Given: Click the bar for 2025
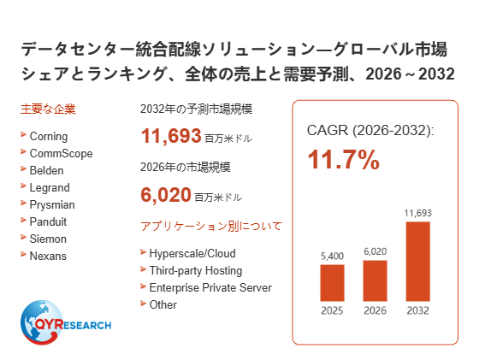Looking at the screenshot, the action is [332, 283].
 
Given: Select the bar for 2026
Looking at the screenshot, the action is [375, 280].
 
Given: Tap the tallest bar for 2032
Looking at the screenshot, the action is [418, 262].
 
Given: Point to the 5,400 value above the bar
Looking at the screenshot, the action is [332, 256].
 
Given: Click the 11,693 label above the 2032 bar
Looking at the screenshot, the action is [418, 213].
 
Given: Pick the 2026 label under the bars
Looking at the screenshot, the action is [375, 310].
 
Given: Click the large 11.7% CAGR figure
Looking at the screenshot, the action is [343, 159].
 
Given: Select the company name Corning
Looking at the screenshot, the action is [49, 137].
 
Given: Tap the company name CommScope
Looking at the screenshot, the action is [61, 153].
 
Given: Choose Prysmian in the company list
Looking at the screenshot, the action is [52, 205].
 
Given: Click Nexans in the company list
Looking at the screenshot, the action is [48, 256].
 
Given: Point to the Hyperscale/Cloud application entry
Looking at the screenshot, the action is [192, 253].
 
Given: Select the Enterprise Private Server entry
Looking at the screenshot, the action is [210, 287].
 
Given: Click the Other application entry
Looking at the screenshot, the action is [163, 304].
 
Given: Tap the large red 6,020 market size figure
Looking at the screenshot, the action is [166, 195].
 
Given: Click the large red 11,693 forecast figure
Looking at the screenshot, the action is [171, 136].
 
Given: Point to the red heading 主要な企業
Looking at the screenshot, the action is [48, 109].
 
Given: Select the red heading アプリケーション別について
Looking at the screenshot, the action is [211, 227].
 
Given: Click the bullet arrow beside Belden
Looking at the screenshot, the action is [23, 168].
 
